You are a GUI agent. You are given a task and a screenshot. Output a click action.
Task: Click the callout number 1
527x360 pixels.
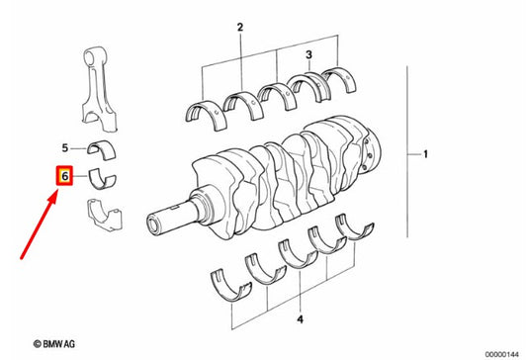click(x=425, y=154)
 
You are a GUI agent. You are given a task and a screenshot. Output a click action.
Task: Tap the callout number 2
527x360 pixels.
click(x=240, y=27)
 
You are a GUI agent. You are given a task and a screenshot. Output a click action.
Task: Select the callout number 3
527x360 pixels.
click(x=308, y=54)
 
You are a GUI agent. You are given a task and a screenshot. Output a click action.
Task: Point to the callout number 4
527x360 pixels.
click(x=300, y=319)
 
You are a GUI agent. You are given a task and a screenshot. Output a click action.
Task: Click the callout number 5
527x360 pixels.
click(x=65, y=148)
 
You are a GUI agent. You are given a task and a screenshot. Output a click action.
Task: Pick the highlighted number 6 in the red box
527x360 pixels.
click(x=64, y=176)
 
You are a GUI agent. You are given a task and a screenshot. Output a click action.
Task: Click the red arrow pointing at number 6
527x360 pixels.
click(x=39, y=227)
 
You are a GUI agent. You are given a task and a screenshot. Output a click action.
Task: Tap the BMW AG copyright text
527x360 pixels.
click(x=54, y=344)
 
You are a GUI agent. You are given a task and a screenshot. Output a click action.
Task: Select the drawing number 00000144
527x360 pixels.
click(x=502, y=355)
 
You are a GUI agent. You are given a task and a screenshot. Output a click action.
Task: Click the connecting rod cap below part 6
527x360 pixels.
click(x=105, y=217)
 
